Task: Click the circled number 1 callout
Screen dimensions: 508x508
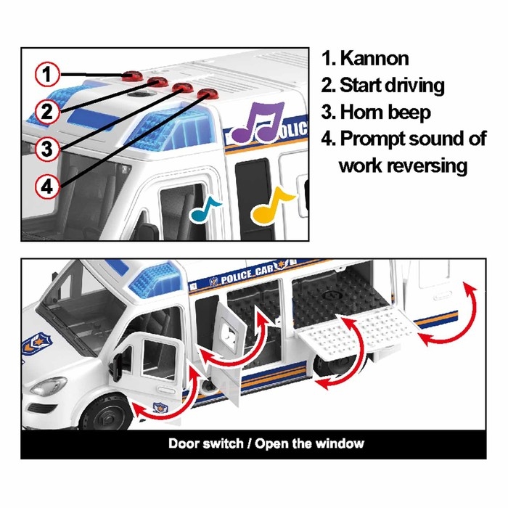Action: point(47,74)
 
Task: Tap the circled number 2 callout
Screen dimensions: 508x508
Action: point(47,112)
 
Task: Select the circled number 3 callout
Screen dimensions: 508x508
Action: point(47,149)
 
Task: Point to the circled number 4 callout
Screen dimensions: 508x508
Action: point(47,187)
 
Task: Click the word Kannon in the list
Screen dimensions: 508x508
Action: point(374,59)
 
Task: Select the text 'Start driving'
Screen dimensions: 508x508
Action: point(392,86)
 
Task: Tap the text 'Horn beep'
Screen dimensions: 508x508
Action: point(385,112)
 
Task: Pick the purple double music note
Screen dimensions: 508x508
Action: point(258,122)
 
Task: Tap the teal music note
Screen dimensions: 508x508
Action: point(205,209)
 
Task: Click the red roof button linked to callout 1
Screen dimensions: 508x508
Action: point(132,75)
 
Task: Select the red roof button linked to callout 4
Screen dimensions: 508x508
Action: point(208,94)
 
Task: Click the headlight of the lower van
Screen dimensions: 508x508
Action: point(49,385)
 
